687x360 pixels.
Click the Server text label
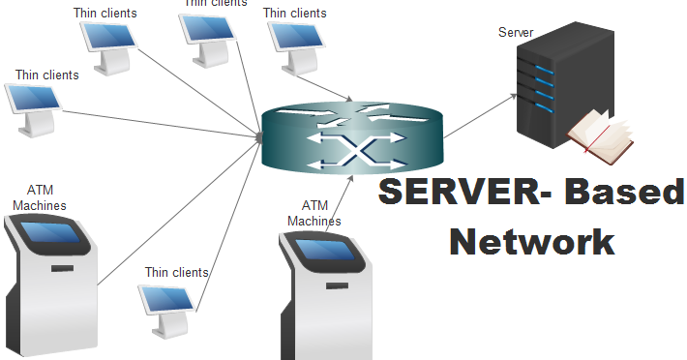coord(516,33)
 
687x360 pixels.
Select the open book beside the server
coord(600,135)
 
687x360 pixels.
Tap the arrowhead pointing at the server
coord(511,94)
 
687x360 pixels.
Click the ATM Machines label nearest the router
coord(314,213)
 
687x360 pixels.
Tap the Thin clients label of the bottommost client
coord(177,272)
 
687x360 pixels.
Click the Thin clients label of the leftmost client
coord(47,75)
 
